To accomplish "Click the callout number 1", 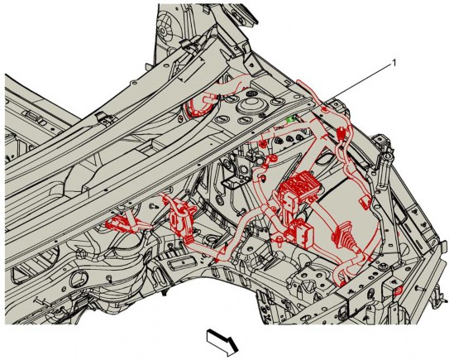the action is coord(394,63).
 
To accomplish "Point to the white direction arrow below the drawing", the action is coord(222,343).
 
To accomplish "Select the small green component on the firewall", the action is coord(292,119).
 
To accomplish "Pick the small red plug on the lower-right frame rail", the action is coord(399,290).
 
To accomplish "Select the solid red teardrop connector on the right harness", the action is coord(342,132).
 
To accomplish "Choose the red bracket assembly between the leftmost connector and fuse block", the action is coord(181,218).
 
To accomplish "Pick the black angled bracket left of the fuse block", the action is coord(233,181).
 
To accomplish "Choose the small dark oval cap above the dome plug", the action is coord(251,94).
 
